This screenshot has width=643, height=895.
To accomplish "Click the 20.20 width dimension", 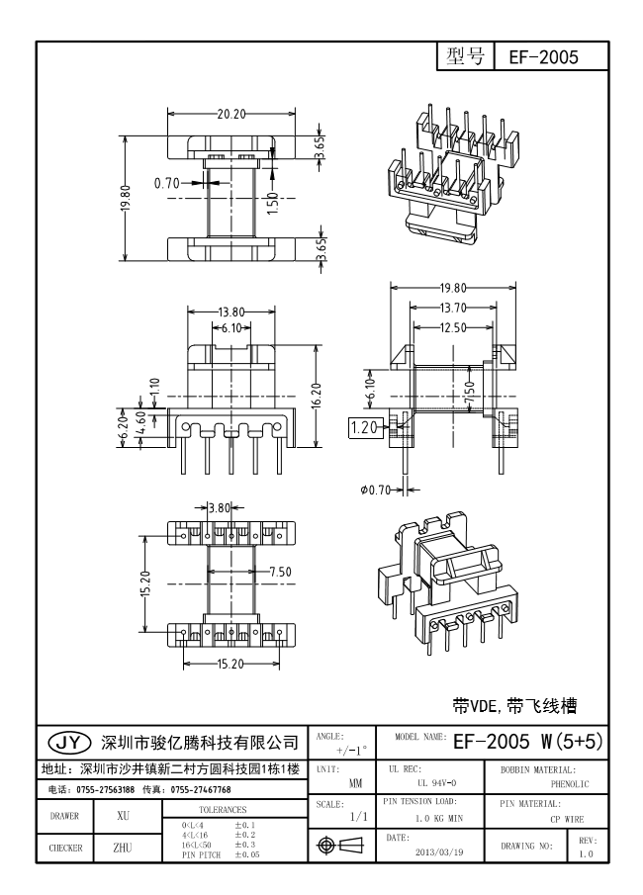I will pos(231,115).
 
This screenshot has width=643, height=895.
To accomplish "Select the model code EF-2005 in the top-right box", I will pos(543,57).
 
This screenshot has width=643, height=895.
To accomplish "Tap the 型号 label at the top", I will pos(465,56).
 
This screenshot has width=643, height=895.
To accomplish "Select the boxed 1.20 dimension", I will pos(364,427).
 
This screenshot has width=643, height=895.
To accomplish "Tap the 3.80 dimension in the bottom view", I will pos(221,507).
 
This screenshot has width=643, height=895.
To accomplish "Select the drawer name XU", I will pos(124,818).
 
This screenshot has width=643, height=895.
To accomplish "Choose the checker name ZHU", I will pos(123,848).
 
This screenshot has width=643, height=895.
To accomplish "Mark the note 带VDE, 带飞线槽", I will pos(513,706).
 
